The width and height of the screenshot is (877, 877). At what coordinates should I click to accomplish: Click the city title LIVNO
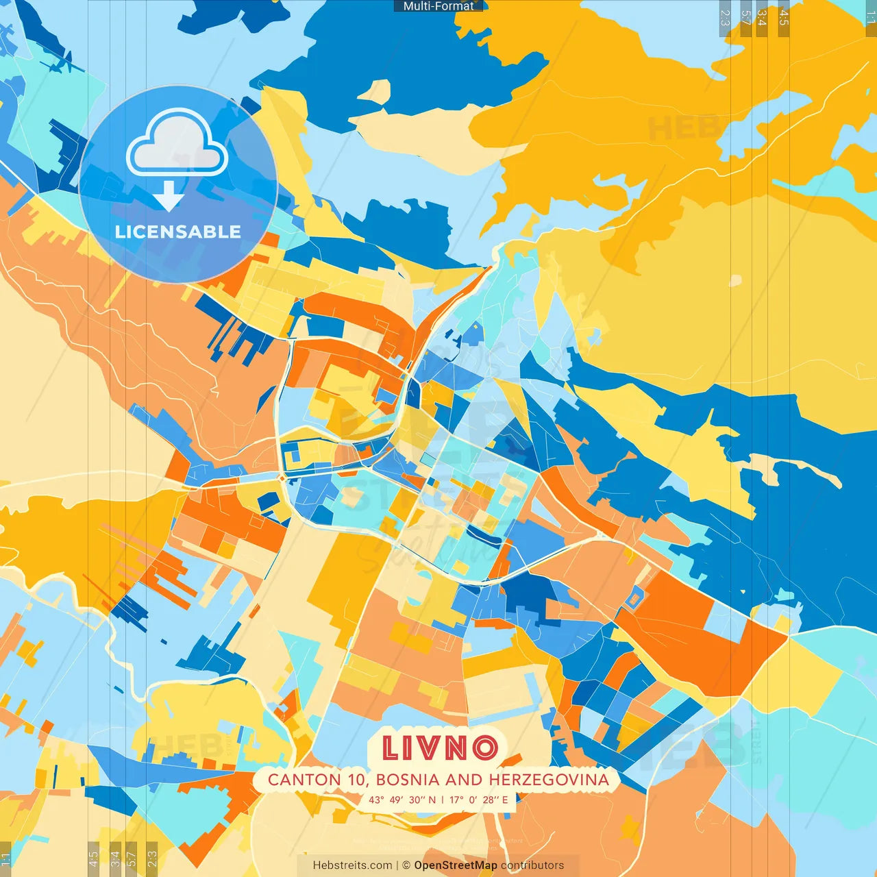point(439,748)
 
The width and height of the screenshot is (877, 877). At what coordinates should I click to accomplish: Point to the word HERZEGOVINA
point(549,780)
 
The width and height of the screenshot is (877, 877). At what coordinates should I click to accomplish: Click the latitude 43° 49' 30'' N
point(402,800)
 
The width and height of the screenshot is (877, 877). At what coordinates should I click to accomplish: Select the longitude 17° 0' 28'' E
point(479,800)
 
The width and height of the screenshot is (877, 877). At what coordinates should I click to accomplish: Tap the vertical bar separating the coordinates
point(443,800)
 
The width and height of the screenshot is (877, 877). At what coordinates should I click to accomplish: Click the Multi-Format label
point(438,6)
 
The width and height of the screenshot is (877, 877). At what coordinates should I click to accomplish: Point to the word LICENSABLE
point(178,232)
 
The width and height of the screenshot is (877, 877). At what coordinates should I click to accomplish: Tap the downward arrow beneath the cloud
point(169,196)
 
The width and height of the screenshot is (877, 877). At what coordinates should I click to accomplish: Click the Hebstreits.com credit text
point(353,865)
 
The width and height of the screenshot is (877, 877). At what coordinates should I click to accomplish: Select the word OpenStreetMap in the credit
point(456,865)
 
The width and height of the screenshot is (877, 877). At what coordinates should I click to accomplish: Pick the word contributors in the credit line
point(532,865)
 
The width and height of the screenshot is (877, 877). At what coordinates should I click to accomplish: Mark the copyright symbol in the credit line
point(406,865)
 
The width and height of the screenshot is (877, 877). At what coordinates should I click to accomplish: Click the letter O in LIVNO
point(484,748)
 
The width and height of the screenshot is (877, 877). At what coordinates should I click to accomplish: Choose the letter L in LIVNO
point(391,748)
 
